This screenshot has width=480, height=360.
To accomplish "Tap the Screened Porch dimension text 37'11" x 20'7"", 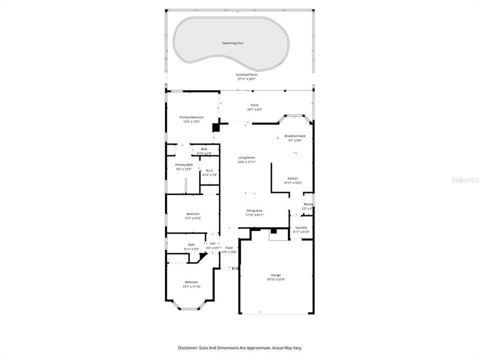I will pyautogui.click(x=247, y=79).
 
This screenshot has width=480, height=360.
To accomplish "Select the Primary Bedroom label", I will pyautogui.click(x=191, y=117).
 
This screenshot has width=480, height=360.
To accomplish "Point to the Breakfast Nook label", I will pyautogui.click(x=294, y=136).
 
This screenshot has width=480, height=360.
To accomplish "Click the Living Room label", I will pyautogui.click(x=246, y=157).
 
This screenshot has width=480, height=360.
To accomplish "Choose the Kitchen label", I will pyautogui.click(x=292, y=178).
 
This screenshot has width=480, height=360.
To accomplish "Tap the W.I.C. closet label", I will pyautogui.click(x=209, y=170).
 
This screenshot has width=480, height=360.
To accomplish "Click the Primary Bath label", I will pyautogui.click(x=183, y=164).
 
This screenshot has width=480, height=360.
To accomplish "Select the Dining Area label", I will pyautogui.click(x=254, y=210).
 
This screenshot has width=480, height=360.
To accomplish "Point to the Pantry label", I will pyautogui.click(x=308, y=204).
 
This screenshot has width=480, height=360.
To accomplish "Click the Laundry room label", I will pyautogui.click(x=301, y=227).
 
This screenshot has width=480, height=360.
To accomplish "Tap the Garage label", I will pyautogui.click(x=276, y=275).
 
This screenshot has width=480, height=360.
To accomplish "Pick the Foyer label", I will pyautogui.click(x=229, y=247).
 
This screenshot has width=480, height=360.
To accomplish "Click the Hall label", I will pyautogui.click(x=212, y=243).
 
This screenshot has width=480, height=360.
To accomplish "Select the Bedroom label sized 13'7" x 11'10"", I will pyautogui.click(x=191, y=282).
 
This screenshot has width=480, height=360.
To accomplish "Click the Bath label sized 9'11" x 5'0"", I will pyautogui.click(x=191, y=244).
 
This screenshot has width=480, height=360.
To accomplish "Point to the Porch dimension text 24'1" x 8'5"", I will pyautogui.click(x=254, y=109).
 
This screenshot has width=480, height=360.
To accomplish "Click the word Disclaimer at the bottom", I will pyautogui.click(x=188, y=347).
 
